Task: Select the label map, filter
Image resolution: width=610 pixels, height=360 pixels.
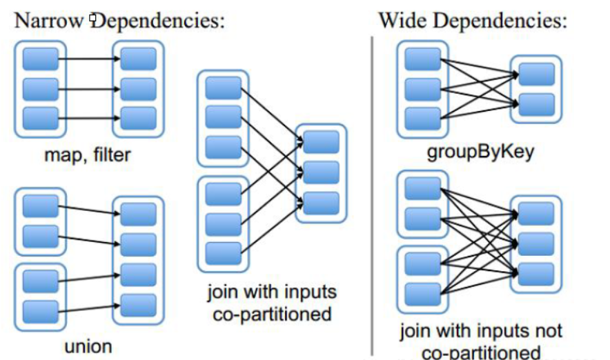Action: pos(87,154)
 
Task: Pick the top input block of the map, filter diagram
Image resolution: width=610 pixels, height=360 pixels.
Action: pos(40,59)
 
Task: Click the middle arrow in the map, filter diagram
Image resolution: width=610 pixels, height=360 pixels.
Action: pos(88,89)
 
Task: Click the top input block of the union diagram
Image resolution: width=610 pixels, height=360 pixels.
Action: pos(40,206)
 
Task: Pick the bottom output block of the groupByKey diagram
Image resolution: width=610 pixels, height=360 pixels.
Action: pos(536,104)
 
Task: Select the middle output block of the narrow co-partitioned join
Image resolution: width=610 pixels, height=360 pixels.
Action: pos(320,172)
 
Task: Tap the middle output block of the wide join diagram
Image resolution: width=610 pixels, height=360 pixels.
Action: pos(535,243)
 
